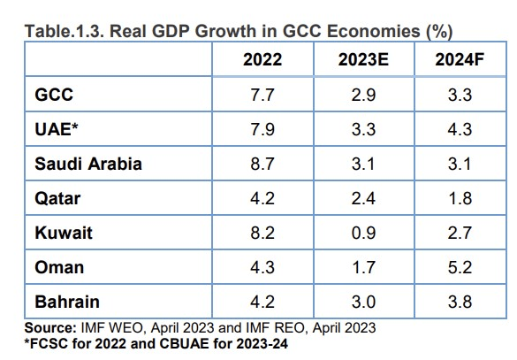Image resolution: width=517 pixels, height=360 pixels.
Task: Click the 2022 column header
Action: coord(262,60)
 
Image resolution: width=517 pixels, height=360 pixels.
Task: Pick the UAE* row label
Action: coord(55,129)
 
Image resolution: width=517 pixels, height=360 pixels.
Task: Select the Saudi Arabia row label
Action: coord(87,165)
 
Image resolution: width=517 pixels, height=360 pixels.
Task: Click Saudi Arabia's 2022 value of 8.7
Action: coord(262,165)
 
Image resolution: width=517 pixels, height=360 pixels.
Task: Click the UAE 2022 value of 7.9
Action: coord(262,129)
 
